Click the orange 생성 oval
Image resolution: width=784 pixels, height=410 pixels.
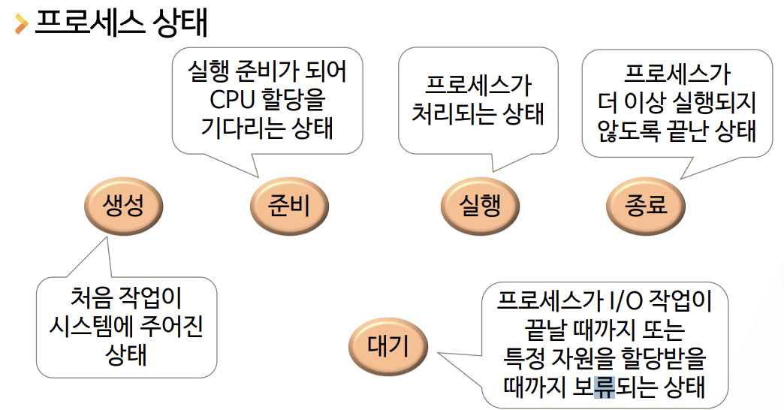124,204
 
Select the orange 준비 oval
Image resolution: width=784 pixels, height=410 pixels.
289,204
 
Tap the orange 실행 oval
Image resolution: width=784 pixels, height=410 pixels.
480,204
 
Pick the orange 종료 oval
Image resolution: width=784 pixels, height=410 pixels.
646,204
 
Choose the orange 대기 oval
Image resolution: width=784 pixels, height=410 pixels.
388,346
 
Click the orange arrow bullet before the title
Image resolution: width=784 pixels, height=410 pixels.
21,24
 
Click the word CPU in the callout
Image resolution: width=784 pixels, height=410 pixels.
234,100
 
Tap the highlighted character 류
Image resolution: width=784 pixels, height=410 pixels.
604,387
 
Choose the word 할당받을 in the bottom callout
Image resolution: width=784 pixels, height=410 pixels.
658,359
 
